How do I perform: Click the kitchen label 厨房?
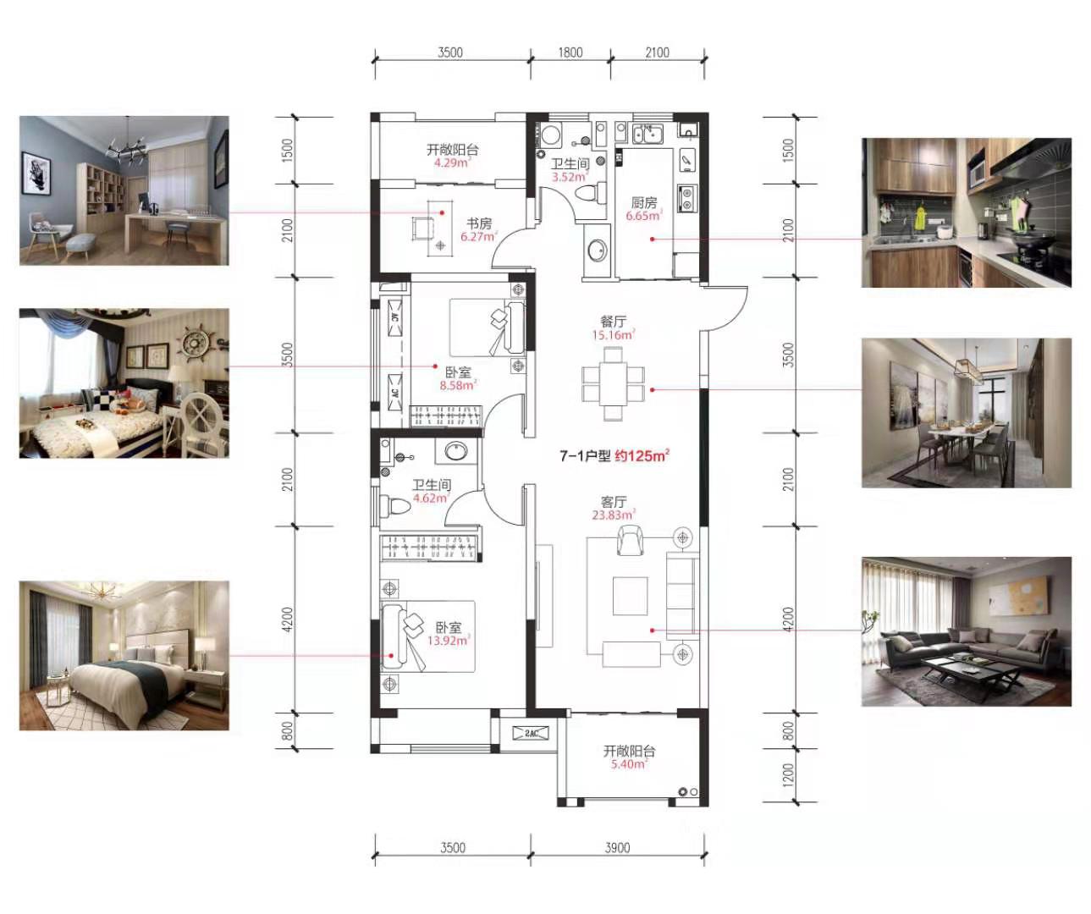pos(644,202)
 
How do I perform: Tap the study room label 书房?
pos(478,223)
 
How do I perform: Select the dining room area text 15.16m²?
pos(614,335)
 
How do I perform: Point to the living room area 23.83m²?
pos(614,515)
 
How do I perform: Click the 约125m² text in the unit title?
pos(642,455)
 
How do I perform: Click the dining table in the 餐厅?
pos(614,383)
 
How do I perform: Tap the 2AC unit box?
pos(531,733)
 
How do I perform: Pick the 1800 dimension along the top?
pos(570,52)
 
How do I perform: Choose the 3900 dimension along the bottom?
pos(617,848)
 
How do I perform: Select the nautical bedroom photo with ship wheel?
pos(124,383)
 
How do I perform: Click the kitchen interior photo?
pos(966,212)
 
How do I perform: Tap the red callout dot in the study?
pos(442,212)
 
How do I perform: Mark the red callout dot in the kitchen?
pos(652,239)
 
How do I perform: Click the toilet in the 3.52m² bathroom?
pos(591,193)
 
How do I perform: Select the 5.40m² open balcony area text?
pos(629,764)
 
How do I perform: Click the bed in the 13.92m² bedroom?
pos(428,636)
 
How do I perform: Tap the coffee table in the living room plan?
pos(631,596)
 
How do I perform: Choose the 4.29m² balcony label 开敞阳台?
pos(452,150)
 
